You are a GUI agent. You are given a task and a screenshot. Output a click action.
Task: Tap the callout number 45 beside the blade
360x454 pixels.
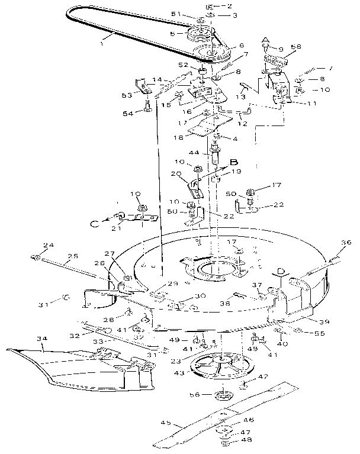point(167,423)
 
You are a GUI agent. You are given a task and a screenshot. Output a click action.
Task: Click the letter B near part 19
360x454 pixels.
point(233,161)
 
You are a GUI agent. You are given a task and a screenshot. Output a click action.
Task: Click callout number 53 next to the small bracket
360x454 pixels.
point(126,95)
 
